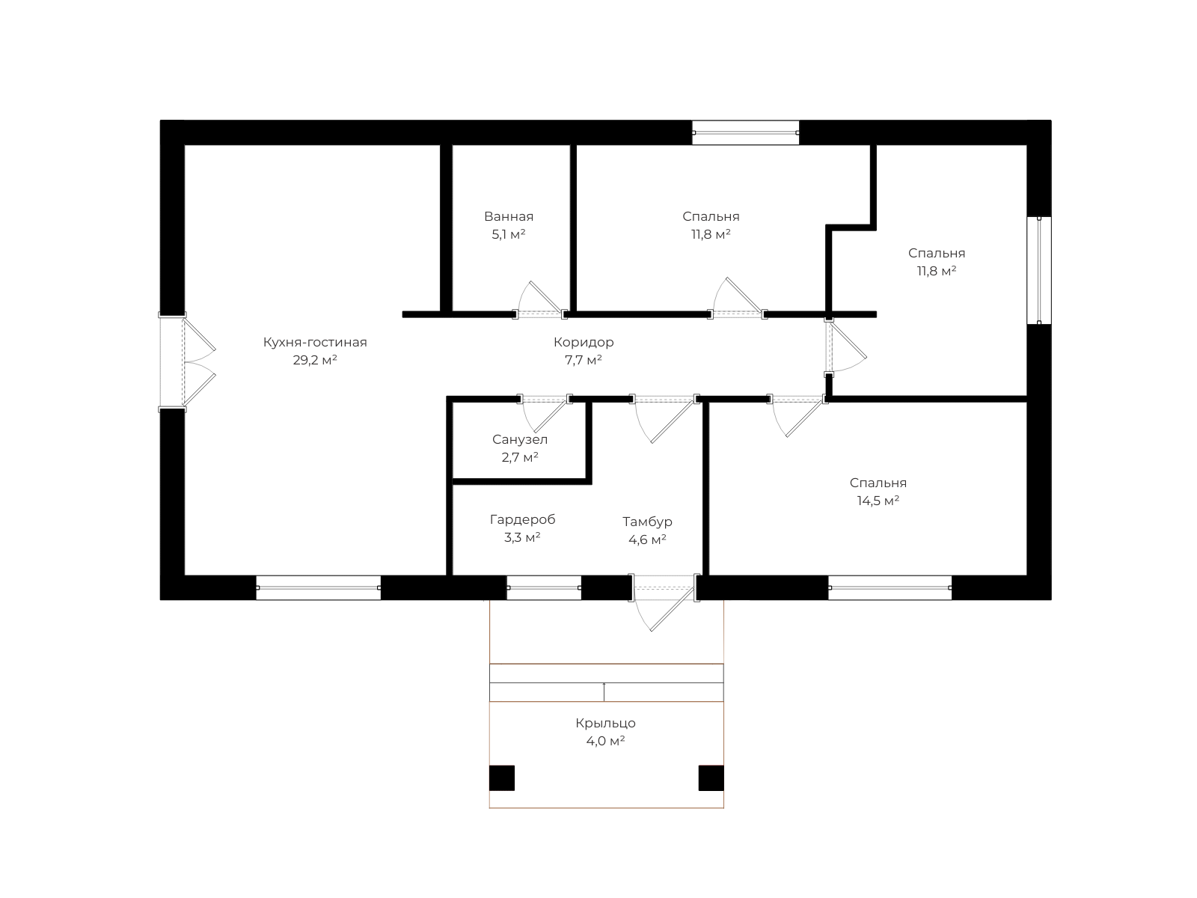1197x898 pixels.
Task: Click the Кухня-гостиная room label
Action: (315, 343)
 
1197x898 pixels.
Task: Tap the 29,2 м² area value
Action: (315, 360)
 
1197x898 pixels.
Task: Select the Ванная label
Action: (508, 216)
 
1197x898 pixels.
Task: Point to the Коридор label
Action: (584, 343)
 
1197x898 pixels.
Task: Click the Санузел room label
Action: (520, 439)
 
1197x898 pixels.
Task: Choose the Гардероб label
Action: (522, 519)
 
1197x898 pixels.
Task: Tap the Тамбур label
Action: (647, 522)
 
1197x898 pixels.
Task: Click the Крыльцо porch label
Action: (605, 723)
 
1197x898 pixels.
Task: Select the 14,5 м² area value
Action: (878, 501)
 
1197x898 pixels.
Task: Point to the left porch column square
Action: (502, 778)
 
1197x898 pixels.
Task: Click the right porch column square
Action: (711, 778)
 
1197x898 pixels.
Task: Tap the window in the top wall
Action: (745, 132)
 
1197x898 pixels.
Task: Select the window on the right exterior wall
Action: (1039, 270)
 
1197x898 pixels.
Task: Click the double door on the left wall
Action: (186, 361)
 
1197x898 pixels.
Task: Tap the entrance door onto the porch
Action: (663, 602)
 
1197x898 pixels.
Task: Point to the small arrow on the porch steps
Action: (604, 691)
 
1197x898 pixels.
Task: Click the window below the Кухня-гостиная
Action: (319, 587)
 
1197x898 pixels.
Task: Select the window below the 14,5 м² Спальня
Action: (890, 587)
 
